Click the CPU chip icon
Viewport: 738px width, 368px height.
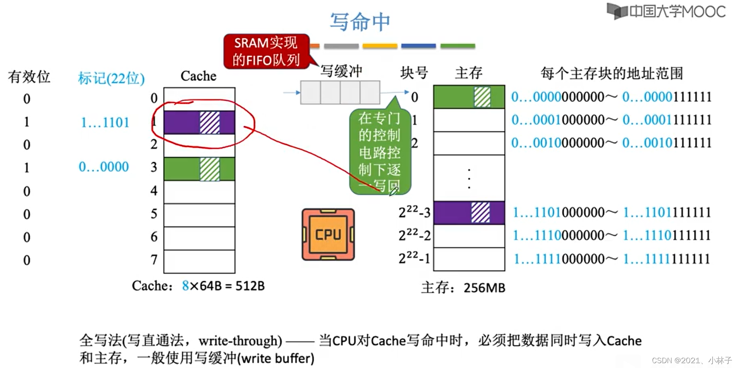click(x=328, y=234)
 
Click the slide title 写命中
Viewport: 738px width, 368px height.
click(x=360, y=22)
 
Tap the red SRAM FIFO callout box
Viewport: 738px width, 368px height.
click(x=266, y=51)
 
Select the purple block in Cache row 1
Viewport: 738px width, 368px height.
click(x=199, y=123)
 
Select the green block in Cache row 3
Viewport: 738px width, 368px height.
click(x=199, y=169)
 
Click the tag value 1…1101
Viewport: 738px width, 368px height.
click(x=105, y=122)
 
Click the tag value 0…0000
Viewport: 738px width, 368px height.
click(x=104, y=167)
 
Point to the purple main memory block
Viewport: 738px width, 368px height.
click(x=469, y=213)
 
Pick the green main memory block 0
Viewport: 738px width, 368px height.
click(x=469, y=97)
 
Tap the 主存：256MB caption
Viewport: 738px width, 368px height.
click(x=463, y=288)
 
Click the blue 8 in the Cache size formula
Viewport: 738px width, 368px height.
click(x=185, y=286)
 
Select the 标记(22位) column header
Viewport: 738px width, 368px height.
click(x=111, y=78)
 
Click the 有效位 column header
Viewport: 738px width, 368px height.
click(x=29, y=76)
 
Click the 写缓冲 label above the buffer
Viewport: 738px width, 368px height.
click(x=341, y=72)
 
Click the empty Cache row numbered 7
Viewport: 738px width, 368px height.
click(x=199, y=261)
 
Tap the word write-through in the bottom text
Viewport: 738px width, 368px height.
click(x=240, y=341)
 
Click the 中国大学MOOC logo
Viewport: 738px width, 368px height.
click(x=666, y=11)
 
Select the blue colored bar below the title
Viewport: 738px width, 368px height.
click(x=418, y=46)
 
